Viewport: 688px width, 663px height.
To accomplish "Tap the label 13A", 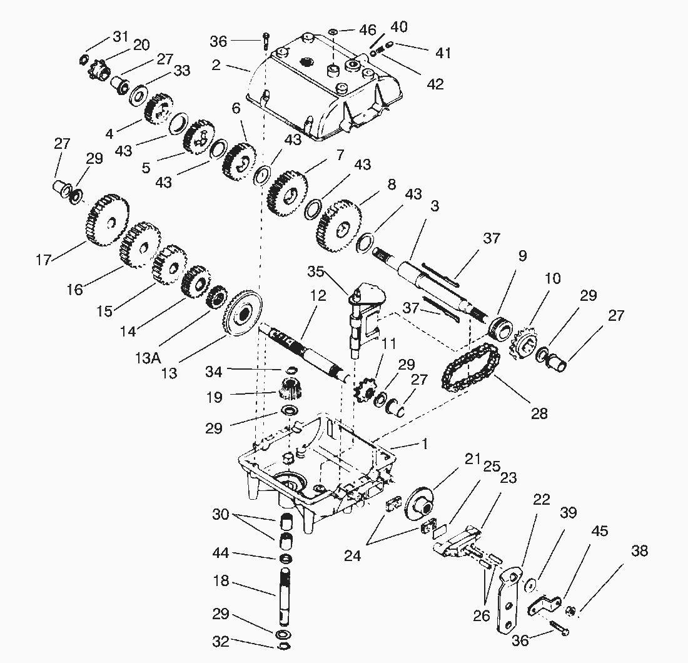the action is point(148,358).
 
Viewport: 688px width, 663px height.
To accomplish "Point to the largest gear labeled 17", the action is point(106,220).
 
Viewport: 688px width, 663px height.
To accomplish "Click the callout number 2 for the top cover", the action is point(215,65).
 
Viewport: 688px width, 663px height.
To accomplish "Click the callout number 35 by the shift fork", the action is point(315,271).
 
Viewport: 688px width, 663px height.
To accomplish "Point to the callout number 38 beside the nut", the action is point(640,550).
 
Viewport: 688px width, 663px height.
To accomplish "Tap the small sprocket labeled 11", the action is point(365,386).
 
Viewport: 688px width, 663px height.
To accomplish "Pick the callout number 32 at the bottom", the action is point(221,642).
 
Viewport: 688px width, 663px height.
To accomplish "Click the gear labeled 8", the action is point(339,226).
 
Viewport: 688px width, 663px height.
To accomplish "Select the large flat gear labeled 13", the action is point(243,313).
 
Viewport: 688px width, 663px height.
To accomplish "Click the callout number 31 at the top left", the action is point(121,36).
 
